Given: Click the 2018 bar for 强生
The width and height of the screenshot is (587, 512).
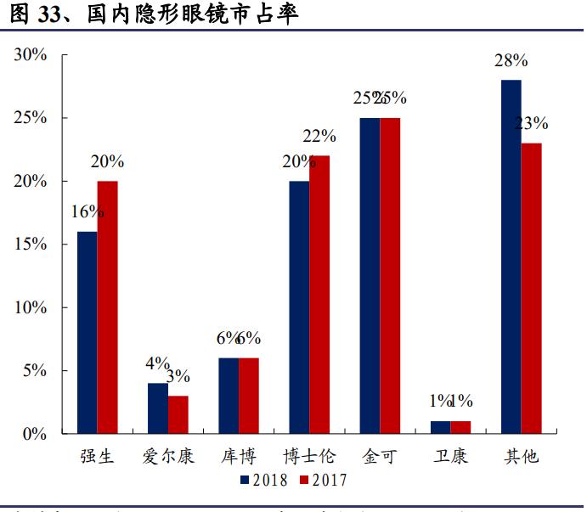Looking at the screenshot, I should point(87,333).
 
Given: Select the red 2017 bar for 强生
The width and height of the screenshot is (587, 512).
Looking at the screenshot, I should point(107,307).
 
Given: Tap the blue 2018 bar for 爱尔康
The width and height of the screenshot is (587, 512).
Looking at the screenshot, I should point(157,408).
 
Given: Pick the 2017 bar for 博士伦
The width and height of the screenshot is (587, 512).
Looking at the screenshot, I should point(319,295).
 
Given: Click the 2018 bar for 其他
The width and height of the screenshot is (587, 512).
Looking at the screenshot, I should point(511,256).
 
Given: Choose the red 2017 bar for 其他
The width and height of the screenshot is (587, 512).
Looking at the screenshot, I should point(531,289).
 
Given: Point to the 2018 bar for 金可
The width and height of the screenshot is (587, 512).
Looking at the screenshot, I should point(370,276).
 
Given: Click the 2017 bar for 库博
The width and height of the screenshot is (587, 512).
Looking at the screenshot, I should point(249,396).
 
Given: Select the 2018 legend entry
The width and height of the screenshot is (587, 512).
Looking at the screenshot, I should point(262,480).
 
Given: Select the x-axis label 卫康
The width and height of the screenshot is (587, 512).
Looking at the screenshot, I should point(449,457).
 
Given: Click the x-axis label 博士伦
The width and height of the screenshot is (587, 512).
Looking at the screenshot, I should point(308,457).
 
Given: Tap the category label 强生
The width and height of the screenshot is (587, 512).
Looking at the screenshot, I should point(97,457).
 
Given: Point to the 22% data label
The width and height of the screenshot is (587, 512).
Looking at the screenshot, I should point(320,136).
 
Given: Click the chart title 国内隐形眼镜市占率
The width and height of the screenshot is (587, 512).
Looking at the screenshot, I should point(192,14).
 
